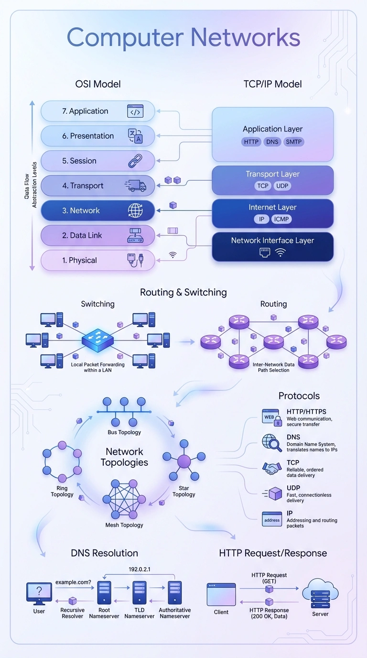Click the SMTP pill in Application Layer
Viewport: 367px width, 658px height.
(294, 142)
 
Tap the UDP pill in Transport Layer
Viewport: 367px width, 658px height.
(282, 186)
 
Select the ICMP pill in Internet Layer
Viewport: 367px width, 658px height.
(281, 219)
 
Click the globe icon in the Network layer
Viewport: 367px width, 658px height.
(135, 211)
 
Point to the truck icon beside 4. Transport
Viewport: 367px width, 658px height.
(135, 186)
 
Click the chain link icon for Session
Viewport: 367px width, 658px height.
(135, 161)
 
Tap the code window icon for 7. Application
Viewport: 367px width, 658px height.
(135, 111)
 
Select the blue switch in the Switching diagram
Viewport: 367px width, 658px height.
(98, 341)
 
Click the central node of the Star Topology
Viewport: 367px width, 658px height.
(184, 461)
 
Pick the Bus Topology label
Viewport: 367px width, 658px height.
(124, 432)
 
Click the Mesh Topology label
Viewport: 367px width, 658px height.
(124, 525)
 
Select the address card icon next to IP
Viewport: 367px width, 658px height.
(272, 519)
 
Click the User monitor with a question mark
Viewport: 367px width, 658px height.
(39, 593)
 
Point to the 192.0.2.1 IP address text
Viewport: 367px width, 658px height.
(140, 569)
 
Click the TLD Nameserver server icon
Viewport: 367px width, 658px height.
(140, 593)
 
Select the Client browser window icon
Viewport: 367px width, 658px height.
(221, 594)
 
